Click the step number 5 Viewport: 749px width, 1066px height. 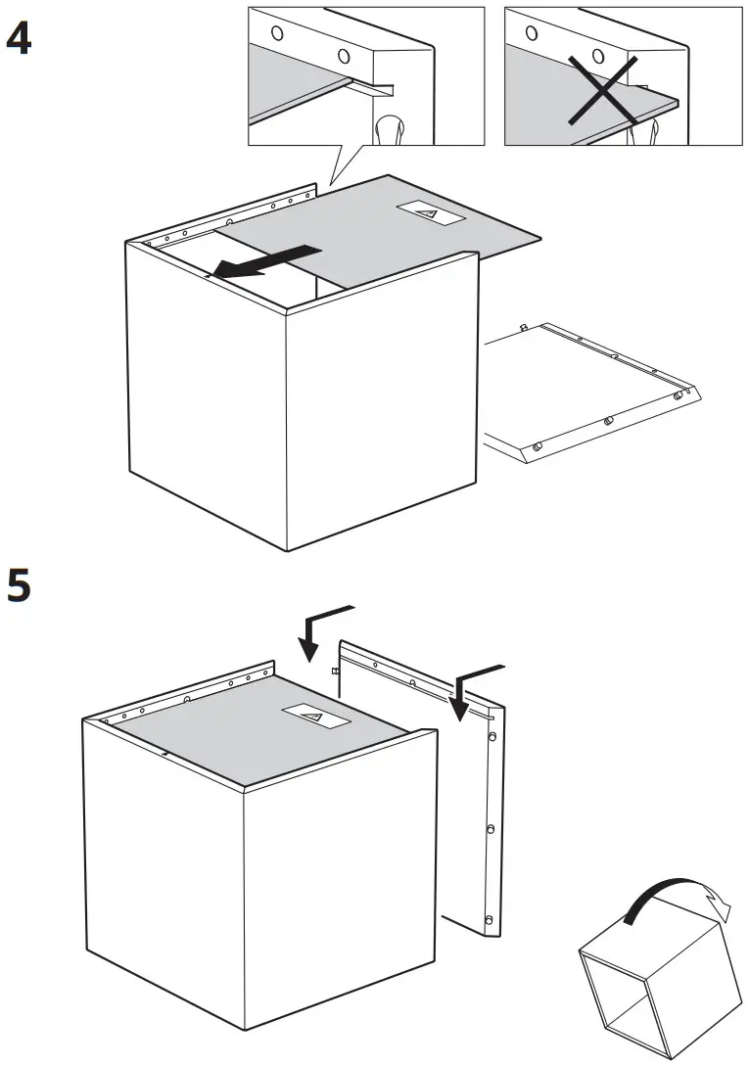point(19,586)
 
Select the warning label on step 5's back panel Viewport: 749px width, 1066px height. point(315,718)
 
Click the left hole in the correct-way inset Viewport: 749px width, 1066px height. point(276,31)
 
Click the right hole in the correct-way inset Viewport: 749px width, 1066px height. point(343,56)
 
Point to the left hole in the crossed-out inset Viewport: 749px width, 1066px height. point(532,31)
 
